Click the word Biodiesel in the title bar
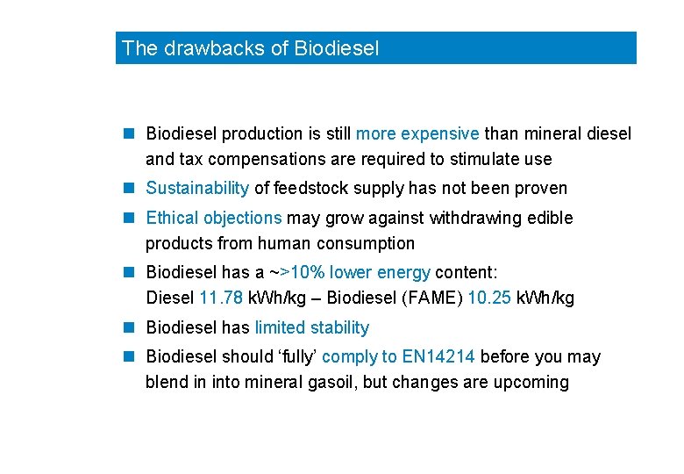338,48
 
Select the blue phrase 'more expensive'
417,134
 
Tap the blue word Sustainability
197,188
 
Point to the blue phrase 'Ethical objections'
213,218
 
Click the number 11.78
222,298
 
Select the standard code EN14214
438,357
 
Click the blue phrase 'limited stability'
311,328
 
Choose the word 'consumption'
368,243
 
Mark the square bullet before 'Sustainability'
129,188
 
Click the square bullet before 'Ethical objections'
129,218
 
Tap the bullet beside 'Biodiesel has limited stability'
129,328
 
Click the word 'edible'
551,218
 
